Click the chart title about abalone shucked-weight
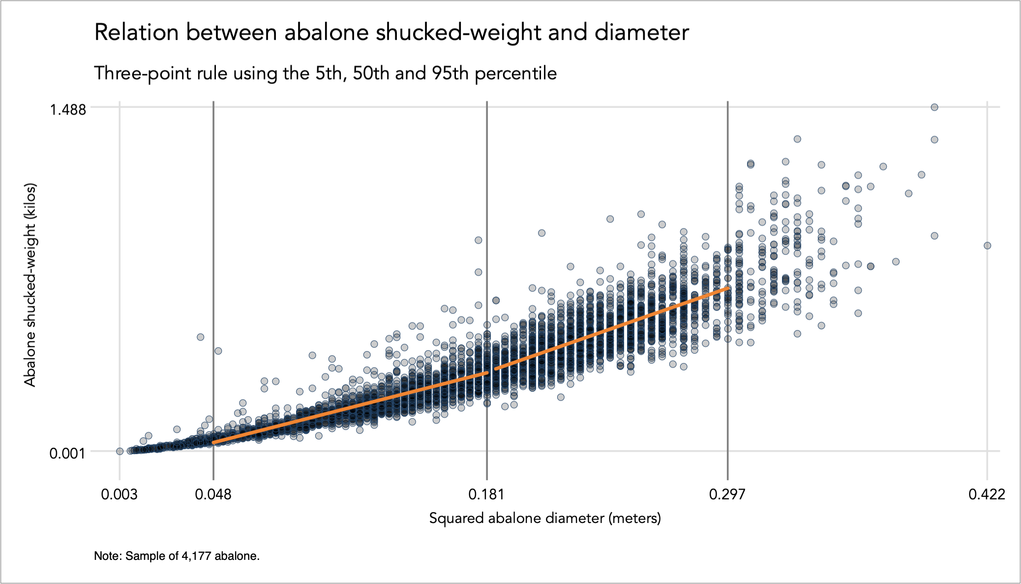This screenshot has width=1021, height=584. point(391,33)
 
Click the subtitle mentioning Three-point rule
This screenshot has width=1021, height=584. point(325,74)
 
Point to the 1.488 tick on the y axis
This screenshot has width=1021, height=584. point(67,109)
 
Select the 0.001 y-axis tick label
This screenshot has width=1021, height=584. point(67,453)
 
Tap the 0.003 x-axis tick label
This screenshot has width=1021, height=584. point(119,494)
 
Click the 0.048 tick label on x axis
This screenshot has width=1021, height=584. point(213,494)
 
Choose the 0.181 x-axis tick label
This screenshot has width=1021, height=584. point(486,494)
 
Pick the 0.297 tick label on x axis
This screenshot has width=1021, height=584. point(727,494)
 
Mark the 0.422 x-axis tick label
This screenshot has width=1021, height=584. point(987,494)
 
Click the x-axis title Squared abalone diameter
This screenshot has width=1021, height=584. point(545,518)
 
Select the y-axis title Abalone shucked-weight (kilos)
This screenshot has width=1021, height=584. point(30,285)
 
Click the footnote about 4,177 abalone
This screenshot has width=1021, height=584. point(177,556)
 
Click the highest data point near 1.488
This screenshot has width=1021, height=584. point(934,107)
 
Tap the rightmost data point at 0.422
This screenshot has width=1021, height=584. point(987,246)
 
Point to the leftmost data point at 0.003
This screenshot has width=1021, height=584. point(120,451)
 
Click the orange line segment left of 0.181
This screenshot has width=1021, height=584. point(349,408)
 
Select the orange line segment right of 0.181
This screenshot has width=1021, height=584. point(610,330)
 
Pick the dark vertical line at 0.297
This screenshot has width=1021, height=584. point(728,197)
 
